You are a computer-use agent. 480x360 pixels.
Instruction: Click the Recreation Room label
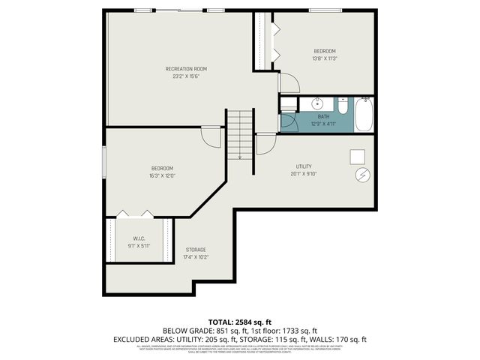click(186, 68)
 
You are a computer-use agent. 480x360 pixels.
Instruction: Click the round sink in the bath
click(317, 103)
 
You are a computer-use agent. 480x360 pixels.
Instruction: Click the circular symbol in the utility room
click(361, 174)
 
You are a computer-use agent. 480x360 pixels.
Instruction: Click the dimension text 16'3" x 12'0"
click(163, 175)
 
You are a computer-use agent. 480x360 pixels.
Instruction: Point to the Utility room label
click(304, 166)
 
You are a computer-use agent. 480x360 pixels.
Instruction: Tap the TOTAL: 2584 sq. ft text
click(239, 320)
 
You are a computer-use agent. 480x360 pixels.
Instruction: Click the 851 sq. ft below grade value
click(228, 330)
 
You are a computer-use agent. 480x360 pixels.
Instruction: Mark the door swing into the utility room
click(265, 144)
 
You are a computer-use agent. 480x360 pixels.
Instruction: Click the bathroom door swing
click(287, 121)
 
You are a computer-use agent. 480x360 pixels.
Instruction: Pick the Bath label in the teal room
click(323, 117)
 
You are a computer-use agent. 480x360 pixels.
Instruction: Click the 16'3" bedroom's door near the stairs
click(211, 138)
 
